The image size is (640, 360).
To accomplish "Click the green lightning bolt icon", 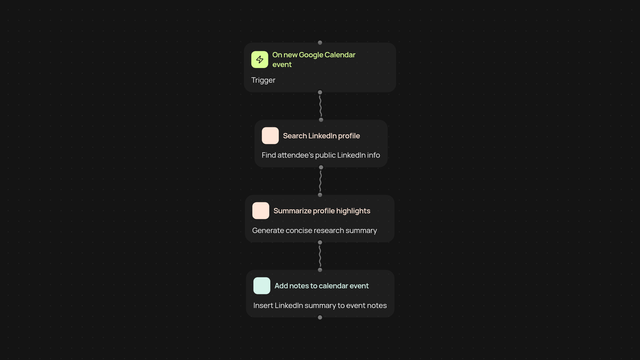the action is (260, 59).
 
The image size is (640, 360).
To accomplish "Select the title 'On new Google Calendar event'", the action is (314, 60).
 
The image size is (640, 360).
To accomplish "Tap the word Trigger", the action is (263, 80).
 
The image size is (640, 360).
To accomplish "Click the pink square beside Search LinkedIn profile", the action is (270, 136).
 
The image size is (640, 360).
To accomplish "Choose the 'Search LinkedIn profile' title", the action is (321, 136).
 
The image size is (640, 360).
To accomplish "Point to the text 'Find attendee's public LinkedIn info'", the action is (321, 155).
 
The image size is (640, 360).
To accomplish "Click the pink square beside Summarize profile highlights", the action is (261, 211).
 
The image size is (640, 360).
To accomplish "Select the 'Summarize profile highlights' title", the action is (322, 211).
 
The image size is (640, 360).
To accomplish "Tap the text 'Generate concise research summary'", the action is (314, 231).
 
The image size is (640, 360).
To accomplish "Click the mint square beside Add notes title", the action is (262, 286).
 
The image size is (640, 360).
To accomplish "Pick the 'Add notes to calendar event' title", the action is (321, 286).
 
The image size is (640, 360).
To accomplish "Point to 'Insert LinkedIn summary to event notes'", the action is (320, 306).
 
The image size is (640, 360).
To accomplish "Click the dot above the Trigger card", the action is (320, 43).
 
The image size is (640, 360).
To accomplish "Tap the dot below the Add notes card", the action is (320, 317).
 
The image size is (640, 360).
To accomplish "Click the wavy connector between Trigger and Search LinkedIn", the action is (320, 106).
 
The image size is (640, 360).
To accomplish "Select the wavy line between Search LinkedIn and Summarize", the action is (320, 181).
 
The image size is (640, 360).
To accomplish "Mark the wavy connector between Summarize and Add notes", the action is (320, 256).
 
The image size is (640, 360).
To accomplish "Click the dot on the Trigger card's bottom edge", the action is (320, 92).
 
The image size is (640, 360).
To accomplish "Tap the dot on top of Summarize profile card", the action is (320, 195).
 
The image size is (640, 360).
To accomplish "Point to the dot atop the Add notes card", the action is (320, 270).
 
